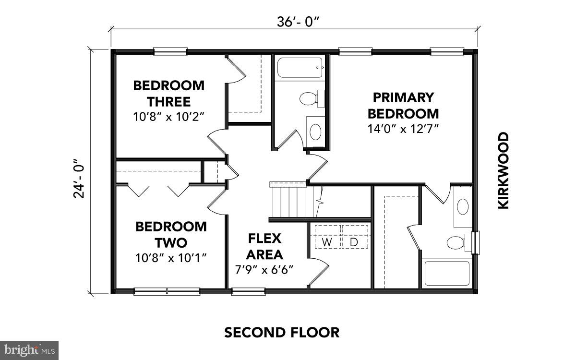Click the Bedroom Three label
pyautogui.click(x=168, y=94)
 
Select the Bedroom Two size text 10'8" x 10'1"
pyautogui.click(x=171, y=258)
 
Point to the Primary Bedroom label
pyautogui.click(x=403, y=106)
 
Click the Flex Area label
pyautogui.click(x=264, y=246)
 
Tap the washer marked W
pyautogui.click(x=327, y=242)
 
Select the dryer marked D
pyautogui.click(x=354, y=242)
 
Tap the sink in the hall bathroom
pyautogui.click(x=315, y=131)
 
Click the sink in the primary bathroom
pyautogui.click(x=462, y=207)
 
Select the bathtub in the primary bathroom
pyautogui.click(x=446, y=274)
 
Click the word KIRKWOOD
pyautogui.click(x=503, y=170)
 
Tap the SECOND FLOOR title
pyautogui.click(x=282, y=332)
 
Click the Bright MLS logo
pyautogui.click(x=29, y=350)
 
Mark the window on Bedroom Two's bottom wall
pyautogui.click(x=167, y=291)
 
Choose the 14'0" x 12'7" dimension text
pyautogui.click(x=403, y=129)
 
